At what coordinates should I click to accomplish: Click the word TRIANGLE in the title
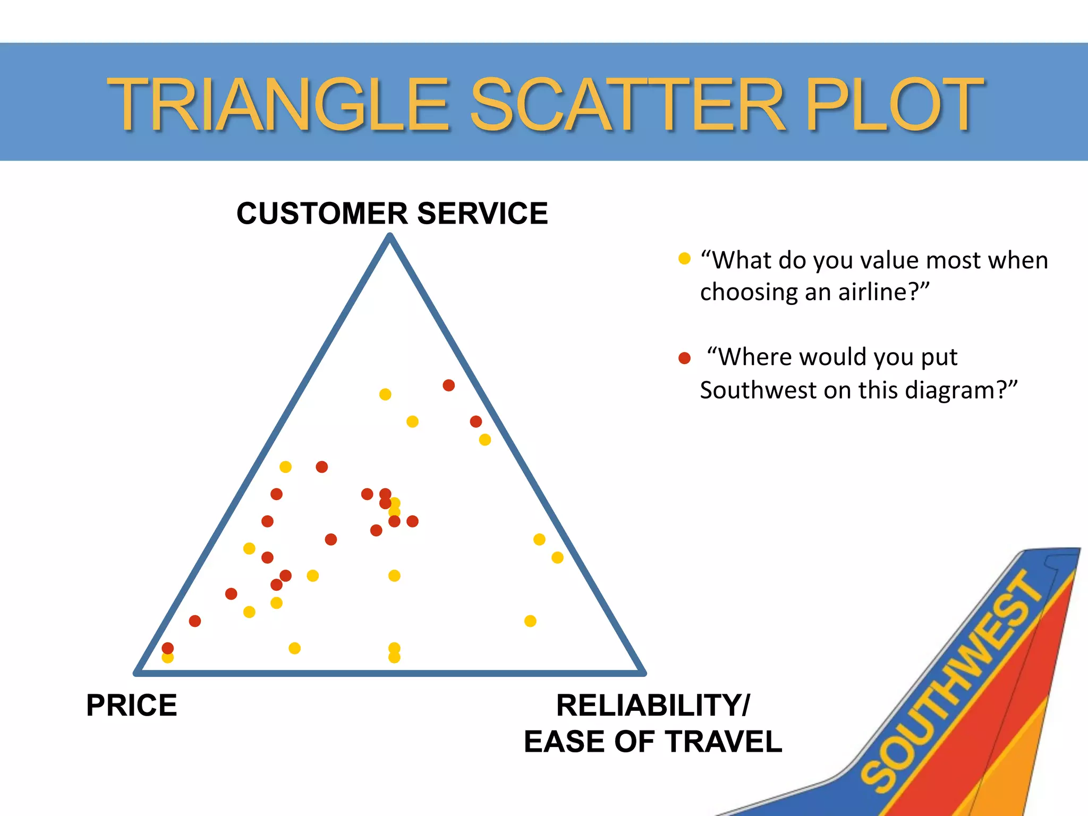pos(279,104)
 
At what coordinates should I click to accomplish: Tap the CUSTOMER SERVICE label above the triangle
pos(392,214)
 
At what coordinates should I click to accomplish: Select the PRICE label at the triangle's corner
pos(131,705)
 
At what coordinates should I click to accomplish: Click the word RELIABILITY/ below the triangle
pos(653,705)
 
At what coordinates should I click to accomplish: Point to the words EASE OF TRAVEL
pos(653,742)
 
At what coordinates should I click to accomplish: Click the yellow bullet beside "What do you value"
pos(684,259)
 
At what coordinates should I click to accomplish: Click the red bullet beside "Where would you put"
pos(684,358)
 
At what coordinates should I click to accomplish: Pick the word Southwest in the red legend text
pos(758,390)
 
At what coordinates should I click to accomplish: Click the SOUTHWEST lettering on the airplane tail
pos(951,680)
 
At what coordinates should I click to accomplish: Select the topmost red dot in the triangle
pos(449,385)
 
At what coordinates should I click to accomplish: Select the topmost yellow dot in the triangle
pos(385,394)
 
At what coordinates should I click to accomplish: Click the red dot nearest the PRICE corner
pos(168,648)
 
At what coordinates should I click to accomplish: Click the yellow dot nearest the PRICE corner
pos(168,658)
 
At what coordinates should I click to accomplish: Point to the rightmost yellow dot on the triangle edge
pos(557,557)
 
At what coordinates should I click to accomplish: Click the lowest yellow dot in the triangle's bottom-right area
pos(530,621)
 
